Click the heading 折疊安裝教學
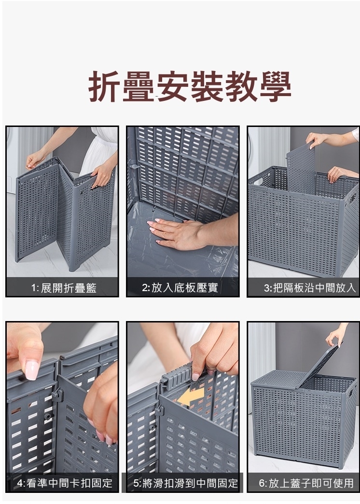tap(190, 86)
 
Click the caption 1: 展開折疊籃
tap(64, 288)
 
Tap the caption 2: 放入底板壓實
tap(180, 287)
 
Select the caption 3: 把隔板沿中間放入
tap(310, 288)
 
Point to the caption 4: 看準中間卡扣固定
tap(65, 483)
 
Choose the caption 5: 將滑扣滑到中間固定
tap(185, 483)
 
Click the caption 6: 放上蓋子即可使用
tap(306, 483)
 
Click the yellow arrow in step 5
tap(191, 396)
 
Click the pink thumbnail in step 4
tap(32, 370)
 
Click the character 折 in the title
tap(104, 86)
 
